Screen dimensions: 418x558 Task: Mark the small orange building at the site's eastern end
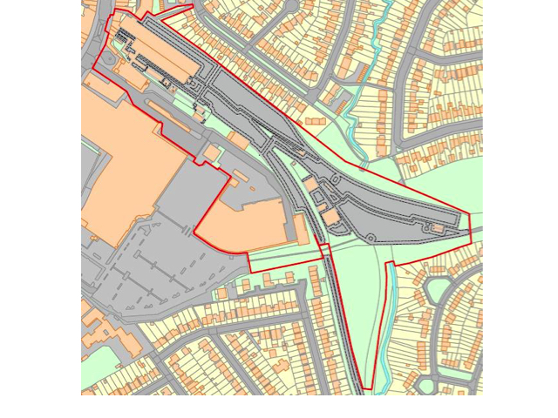tap(437, 229)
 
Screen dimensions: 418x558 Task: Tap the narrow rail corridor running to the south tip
tap(340, 313)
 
